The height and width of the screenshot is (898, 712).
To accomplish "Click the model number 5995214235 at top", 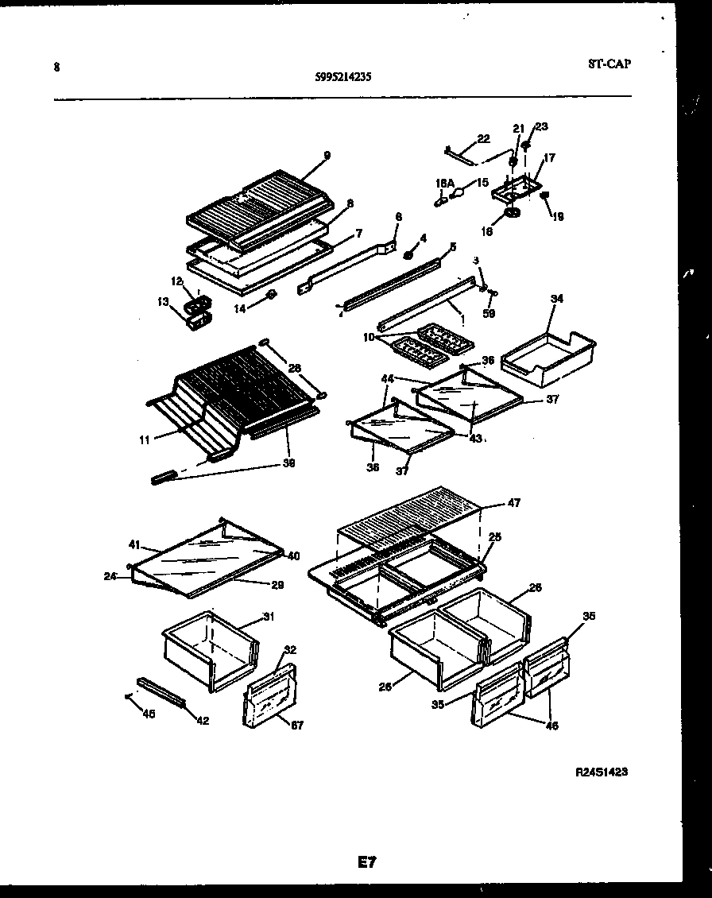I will point(343,77).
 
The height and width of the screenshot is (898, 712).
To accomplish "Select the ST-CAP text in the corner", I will point(609,64).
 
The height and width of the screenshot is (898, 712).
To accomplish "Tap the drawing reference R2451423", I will point(605,771).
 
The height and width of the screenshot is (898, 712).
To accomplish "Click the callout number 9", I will point(327,155).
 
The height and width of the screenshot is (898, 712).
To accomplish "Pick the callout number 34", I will point(556,299).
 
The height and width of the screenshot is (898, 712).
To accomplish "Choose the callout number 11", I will point(144,438).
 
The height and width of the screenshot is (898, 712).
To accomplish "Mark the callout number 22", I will point(483,139).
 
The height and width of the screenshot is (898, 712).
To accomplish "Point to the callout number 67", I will point(297,725).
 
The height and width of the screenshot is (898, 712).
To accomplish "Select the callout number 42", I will point(203,722).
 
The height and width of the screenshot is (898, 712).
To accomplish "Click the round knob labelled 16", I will point(511,215).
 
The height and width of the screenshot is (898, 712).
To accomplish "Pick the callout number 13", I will point(163,301).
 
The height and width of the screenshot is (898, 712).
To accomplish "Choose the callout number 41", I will point(133,545).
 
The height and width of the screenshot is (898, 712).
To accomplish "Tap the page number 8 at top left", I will point(56,68).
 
